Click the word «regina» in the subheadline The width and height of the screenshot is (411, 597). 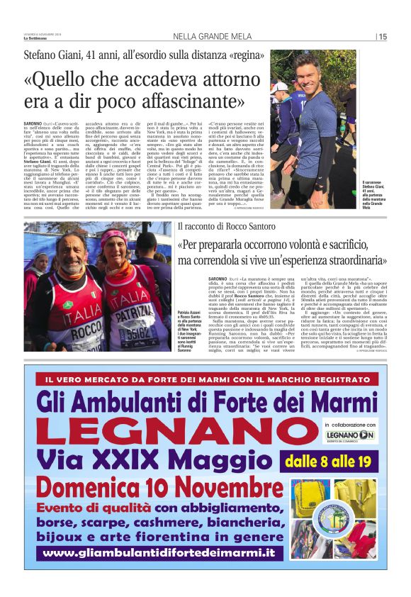[244, 55]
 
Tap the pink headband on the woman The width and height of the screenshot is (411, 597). [113, 235]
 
